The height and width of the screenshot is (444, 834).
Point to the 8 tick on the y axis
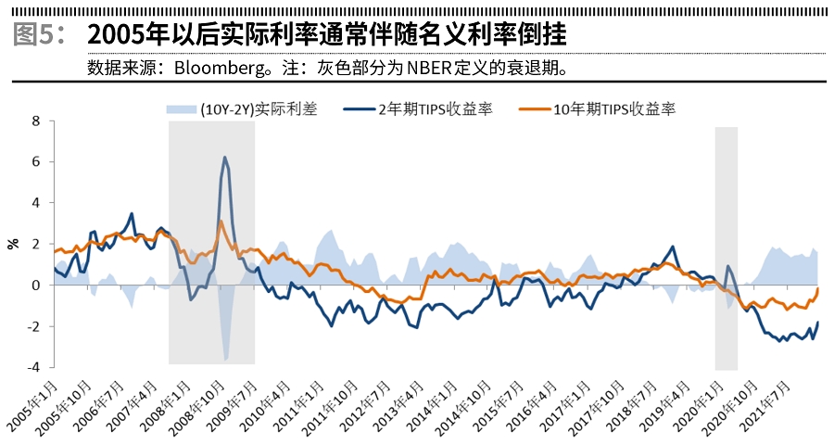click(36, 121)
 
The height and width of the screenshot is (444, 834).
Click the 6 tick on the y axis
click(36, 161)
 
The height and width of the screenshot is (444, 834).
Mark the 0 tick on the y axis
click(36, 285)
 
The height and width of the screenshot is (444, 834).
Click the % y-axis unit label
click(13, 244)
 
